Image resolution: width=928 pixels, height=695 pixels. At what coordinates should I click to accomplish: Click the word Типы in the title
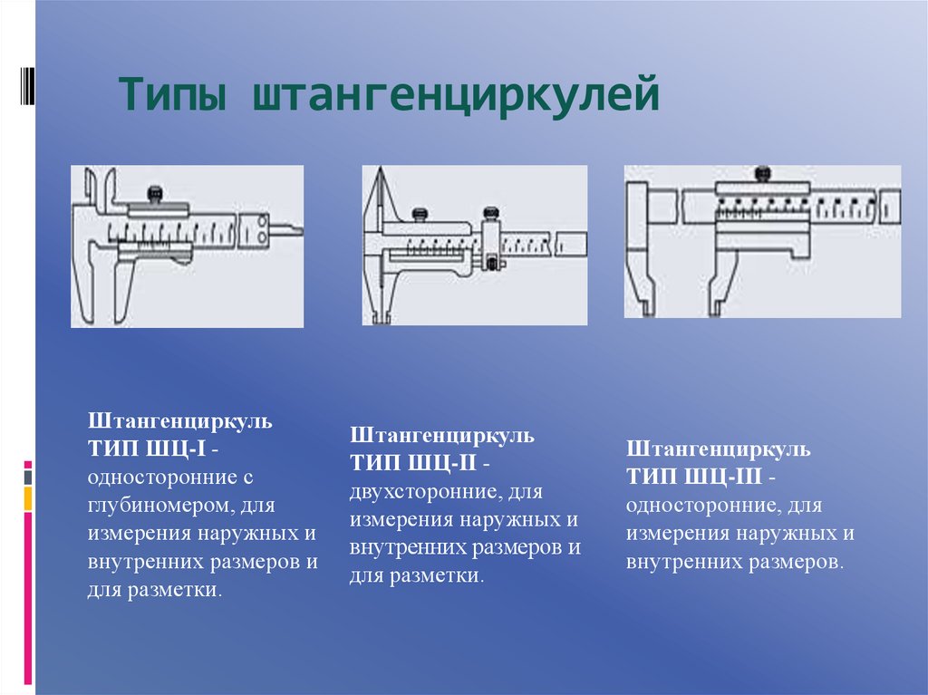click(x=172, y=93)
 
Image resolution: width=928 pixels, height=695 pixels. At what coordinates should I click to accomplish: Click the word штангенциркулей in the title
click(x=455, y=95)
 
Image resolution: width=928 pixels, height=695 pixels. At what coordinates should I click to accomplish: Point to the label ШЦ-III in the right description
click(x=723, y=477)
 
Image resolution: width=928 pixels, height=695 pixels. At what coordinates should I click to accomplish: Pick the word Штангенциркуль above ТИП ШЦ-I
click(x=180, y=421)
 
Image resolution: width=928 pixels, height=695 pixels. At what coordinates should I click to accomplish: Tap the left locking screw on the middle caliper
click(x=420, y=213)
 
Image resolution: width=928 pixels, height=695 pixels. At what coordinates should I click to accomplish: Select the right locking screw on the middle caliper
click(x=491, y=213)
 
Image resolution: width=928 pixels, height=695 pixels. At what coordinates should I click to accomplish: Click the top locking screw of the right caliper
click(x=763, y=174)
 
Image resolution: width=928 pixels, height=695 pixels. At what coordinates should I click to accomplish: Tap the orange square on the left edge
click(x=28, y=499)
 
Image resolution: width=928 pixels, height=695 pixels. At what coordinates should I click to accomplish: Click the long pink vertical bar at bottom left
click(x=28, y=599)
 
